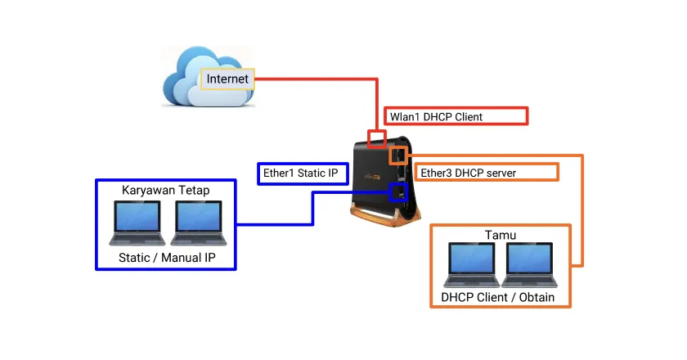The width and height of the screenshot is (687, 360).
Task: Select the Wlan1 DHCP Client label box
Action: coord(456,116)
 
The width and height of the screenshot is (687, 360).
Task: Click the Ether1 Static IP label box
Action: coord(303,173)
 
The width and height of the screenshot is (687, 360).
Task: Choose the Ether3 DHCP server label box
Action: coord(487,172)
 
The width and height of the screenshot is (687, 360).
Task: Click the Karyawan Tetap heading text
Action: coord(166,190)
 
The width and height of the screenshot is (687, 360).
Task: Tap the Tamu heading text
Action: coord(501,236)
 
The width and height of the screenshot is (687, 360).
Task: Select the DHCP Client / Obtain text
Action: coord(498,297)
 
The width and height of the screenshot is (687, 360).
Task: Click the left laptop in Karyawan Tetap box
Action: coord(137,223)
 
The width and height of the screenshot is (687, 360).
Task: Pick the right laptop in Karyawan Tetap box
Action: coord(200,223)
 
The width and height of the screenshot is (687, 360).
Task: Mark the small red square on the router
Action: coord(376,137)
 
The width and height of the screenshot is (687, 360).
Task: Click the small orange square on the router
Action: coord(398,155)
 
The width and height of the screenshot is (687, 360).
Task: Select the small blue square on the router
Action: coord(398,192)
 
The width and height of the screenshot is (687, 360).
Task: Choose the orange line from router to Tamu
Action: coord(582,213)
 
